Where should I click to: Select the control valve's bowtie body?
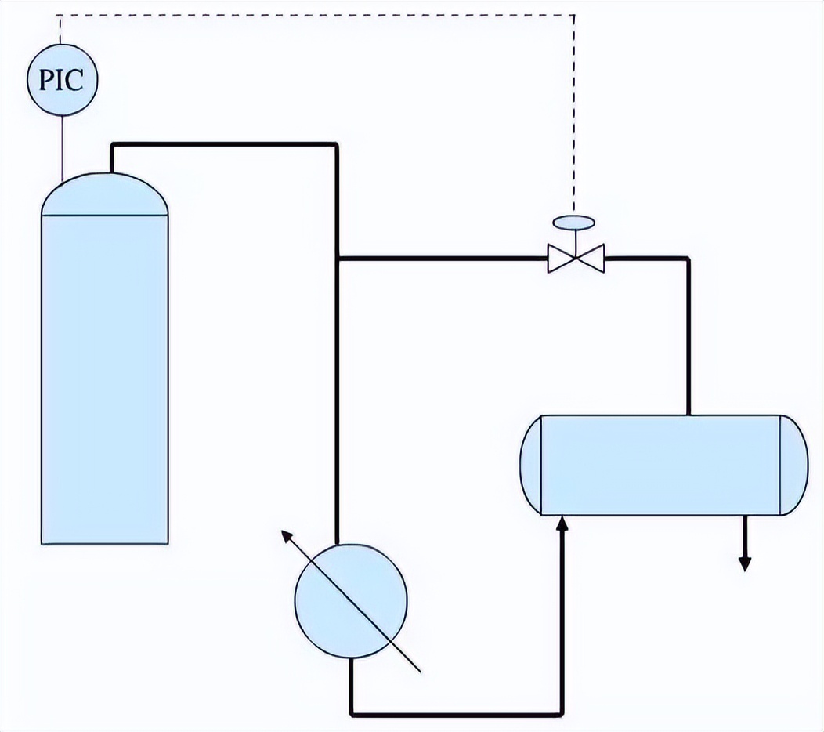tap(576, 258)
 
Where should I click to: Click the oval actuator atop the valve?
tap(576, 222)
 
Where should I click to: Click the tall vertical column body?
tap(105, 376)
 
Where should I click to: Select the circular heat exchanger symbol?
tap(351, 600)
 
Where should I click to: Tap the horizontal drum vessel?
tap(662, 464)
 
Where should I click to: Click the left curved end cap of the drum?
tap(531, 464)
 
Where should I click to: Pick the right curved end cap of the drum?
tap(793, 464)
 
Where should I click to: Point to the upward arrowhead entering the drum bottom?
tap(562, 523)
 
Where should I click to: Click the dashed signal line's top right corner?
tap(575, 15)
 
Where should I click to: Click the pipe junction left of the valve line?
tap(337, 258)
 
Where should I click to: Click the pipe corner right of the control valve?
tap(688, 258)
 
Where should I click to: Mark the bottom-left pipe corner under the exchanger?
tap(352, 713)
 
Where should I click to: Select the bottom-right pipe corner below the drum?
tap(562, 713)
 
